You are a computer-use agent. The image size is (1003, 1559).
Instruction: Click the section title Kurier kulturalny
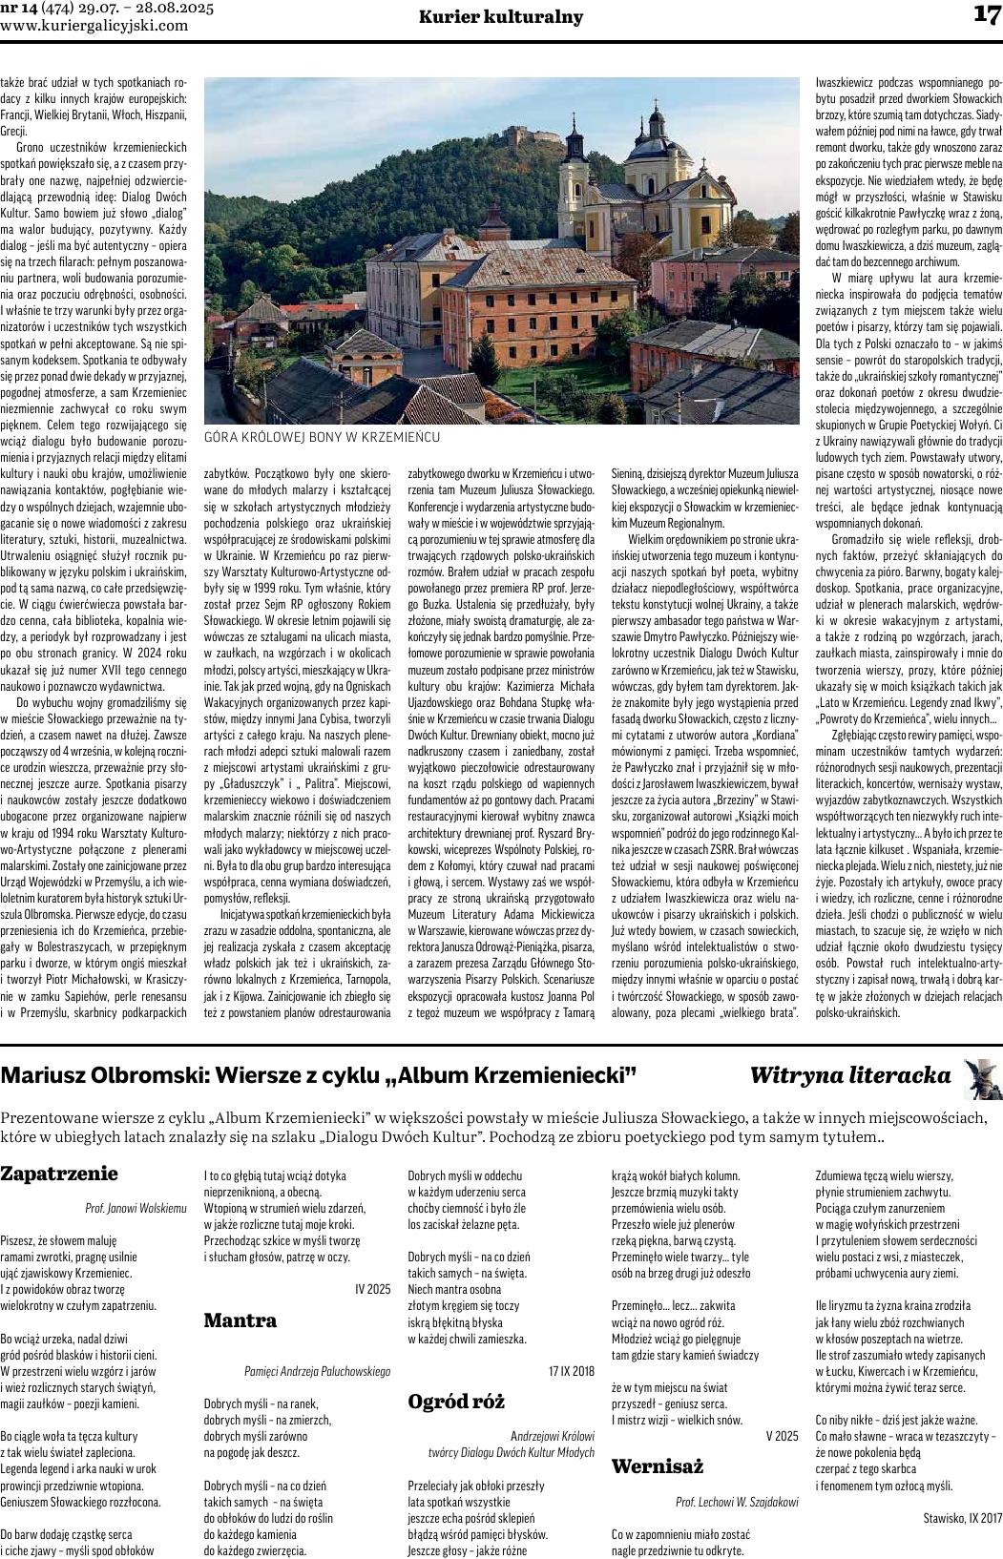[x=501, y=17]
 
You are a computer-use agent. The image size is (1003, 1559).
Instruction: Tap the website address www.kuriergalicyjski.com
[x=94, y=26]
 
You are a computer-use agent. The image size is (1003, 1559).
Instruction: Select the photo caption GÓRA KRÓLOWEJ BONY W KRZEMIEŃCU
[x=322, y=436]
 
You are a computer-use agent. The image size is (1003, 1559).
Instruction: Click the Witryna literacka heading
[x=850, y=1075]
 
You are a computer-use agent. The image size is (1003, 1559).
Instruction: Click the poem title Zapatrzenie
[x=59, y=1174]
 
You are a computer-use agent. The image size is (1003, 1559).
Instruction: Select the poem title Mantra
[x=240, y=1320]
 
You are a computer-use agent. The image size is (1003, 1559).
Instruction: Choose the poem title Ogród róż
[x=456, y=1401]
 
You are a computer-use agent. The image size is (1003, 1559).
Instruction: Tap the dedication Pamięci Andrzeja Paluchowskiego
[x=317, y=1371]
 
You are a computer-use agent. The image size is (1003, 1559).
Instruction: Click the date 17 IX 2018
[x=571, y=1370]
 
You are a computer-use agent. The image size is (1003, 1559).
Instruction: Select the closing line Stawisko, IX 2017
[x=962, y=1517]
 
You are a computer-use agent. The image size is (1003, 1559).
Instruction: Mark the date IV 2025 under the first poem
[x=372, y=1289]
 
